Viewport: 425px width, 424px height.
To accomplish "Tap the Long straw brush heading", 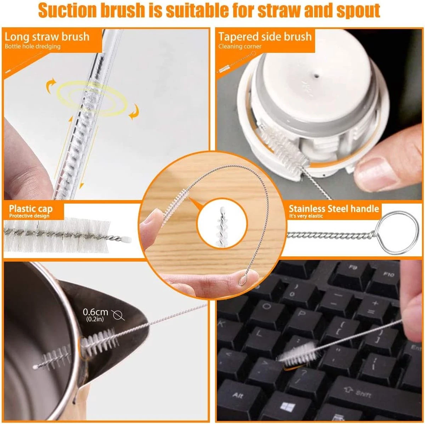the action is point(47,37).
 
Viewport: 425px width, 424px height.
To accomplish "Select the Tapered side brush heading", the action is point(265,37).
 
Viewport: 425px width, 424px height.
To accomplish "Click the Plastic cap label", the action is point(31,209).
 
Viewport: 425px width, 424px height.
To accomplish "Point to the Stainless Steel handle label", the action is point(334,209).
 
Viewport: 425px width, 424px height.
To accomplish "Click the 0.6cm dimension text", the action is point(95,312).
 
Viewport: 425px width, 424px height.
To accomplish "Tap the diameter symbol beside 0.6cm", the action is point(118,315).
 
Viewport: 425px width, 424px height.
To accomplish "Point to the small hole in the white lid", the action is point(317,76).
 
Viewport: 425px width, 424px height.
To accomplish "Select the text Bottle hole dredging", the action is point(33,46).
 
